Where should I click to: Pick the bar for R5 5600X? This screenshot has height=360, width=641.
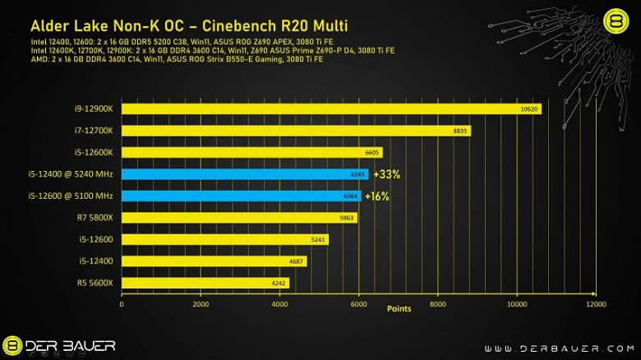[x=205, y=283]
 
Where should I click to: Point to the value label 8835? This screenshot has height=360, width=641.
[x=460, y=131]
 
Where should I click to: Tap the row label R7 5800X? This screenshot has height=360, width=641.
[x=96, y=218]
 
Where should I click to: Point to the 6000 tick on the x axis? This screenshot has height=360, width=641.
[x=358, y=302]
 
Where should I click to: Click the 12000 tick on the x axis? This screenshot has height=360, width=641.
[x=595, y=302]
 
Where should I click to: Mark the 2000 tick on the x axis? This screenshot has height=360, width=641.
[x=201, y=302]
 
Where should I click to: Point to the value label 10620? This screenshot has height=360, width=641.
[x=530, y=108]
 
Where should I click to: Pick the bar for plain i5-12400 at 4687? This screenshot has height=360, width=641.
[x=214, y=261]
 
